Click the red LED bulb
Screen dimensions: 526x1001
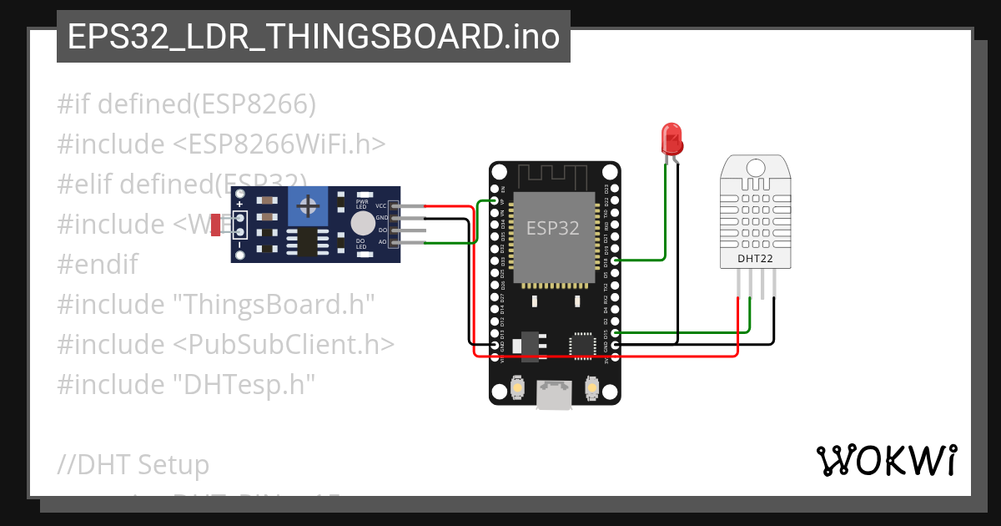[x=671, y=137]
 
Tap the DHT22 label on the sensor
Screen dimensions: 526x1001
[x=754, y=258]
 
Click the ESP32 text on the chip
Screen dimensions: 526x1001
[x=552, y=227]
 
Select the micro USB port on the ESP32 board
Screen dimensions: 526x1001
[x=555, y=394]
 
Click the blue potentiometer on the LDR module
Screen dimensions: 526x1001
[x=309, y=205]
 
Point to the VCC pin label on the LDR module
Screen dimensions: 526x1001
[x=381, y=205]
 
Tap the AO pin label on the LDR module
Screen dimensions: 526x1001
[x=382, y=242]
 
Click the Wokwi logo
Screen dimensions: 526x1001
[x=886, y=460]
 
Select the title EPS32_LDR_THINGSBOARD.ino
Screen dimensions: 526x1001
[x=313, y=37]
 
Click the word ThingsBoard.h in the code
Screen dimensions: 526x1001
[x=278, y=304]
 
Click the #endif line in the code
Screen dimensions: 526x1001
[x=98, y=264]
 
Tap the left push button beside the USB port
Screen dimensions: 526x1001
[x=518, y=388]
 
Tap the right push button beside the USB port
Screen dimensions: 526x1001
[x=591, y=388]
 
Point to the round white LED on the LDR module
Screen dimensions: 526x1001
[x=363, y=223]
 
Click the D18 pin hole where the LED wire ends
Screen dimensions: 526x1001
[x=615, y=260]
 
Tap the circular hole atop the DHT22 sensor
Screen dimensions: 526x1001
[x=754, y=166]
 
